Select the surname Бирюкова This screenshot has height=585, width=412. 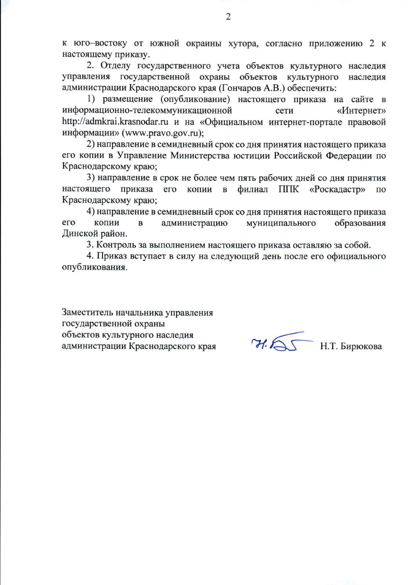tap(361, 346)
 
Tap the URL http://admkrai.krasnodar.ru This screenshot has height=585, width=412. tap(115, 122)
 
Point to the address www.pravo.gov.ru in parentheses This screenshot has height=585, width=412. tap(163, 133)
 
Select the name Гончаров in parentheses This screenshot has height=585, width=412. tap(239, 88)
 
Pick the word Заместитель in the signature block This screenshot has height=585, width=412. tap(88, 313)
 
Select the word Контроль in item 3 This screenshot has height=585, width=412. tap(116, 245)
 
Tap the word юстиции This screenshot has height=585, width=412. tap(252, 156)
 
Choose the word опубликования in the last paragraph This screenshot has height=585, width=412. tap(94, 268)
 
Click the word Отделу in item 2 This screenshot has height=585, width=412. tap(115, 66)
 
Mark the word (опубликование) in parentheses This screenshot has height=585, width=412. tap(195, 99)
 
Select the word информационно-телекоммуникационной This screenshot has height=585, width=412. tap(147, 111)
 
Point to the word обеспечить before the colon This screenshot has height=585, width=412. tap(311, 88)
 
